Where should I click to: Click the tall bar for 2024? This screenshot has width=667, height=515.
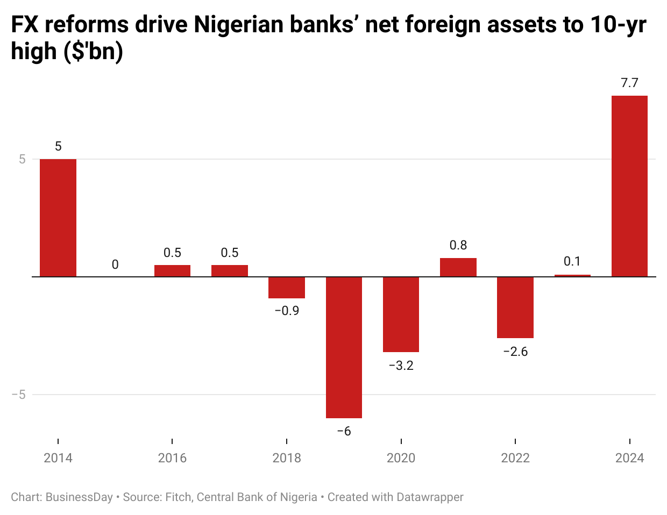[x=629, y=186]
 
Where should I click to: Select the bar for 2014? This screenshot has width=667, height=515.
[x=58, y=218]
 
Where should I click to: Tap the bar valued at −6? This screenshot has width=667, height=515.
[x=344, y=347]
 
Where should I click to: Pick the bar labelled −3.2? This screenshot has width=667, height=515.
[x=401, y=314]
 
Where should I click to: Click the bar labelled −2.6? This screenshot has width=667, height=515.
[x=515, y=307]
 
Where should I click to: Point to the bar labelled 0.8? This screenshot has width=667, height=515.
[x=458, y=267]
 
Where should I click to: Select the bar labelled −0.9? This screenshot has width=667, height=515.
[x=287, y=288]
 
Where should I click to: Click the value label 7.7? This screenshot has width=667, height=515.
[x=629, y=83]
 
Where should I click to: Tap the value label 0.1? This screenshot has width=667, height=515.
[x=572, y=261]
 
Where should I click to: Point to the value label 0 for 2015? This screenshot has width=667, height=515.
[x=115, y=264]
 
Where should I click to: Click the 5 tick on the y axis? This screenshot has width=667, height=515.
[x=22, y=159]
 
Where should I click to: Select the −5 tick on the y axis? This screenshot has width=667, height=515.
[x=19, y=395]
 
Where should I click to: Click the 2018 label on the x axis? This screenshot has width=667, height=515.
[x=287, y=458]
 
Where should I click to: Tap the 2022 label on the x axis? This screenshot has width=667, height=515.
[x=515, y=458]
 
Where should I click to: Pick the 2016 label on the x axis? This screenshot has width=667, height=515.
[x=172, y=458]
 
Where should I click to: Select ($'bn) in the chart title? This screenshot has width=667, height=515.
[x=93, y=52]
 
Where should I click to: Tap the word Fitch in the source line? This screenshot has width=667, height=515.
[x=178, y=497]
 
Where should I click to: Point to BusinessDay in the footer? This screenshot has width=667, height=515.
[x=79, y=497]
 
